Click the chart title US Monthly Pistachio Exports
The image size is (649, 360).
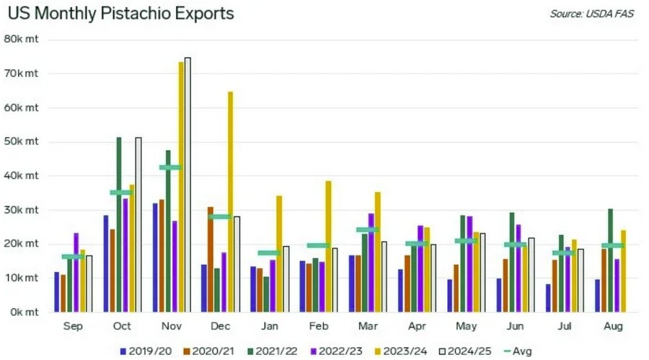pos(121,14)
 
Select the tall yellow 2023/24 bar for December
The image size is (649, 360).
pos(231,202)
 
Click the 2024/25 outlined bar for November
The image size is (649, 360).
pos(187,185)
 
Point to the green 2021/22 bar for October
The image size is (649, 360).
pos(119,224)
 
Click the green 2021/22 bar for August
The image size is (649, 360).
pos(611,260)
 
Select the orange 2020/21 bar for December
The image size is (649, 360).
pos(211,260)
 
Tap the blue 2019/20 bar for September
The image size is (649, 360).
pos(57,292)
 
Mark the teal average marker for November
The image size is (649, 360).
pos(171,167)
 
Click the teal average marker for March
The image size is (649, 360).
pos(367,230)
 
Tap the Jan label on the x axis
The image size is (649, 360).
pos(269,327)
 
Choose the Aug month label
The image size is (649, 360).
pos(612,327)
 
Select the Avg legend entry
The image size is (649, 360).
pos(517,351)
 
